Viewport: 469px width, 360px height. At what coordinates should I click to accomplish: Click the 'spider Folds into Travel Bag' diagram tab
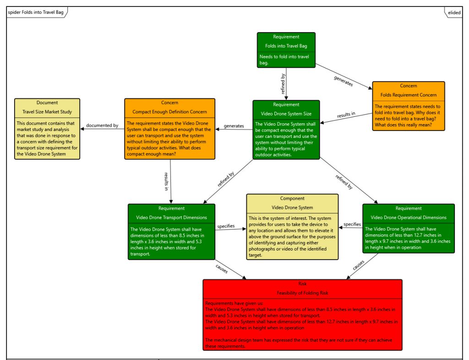pyautogui.click(x=36, y=12)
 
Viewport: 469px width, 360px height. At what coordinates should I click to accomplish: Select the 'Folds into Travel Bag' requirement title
pyautogui.click(x=286, y=46)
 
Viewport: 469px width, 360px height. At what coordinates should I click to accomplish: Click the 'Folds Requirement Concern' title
pyautogui.click(x=408, y=95)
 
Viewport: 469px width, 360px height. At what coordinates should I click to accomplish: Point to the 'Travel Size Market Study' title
pyautogui.click(x=47, y=112)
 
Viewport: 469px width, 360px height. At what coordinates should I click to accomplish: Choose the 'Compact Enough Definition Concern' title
pyautogui.click(x=169, y=112)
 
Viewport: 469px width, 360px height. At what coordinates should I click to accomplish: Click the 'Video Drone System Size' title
pyautogui.click(x=286, y=114)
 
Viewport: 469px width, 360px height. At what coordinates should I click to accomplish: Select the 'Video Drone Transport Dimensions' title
pyautogui.click(x=171, y=217)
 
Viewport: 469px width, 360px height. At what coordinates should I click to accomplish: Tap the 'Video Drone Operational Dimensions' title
pyautogui.click(x=408, y=217)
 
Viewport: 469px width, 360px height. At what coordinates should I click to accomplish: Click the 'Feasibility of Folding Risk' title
pyautogui.click(x=302, y=292)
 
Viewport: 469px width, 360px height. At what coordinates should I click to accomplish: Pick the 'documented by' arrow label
pyautogui.click(x=102, y=125)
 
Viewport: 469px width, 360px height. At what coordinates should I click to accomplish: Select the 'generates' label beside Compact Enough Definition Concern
pyautogui.click(x=234, y=126)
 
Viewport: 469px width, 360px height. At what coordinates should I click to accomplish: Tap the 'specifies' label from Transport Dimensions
pyautogui.click(x=226, y=226)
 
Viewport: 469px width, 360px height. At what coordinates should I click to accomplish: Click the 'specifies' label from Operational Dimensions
pyautogui.click(x=352, y=224)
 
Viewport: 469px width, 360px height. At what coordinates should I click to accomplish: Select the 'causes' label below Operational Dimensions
pyautogui.click(x=359, y=265)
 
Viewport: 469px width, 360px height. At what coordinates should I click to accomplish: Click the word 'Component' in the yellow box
pyautogui.click(x=292, y=198)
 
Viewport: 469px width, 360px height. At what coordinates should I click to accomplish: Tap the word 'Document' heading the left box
pyautogui.click(x=47, y=103)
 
